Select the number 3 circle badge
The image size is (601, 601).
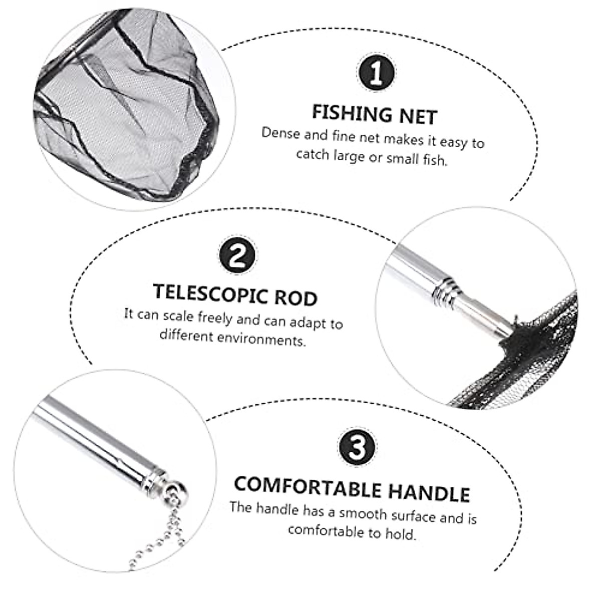pyautogui.click(x=358, y=447)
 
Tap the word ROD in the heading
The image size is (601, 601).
pyautogui.click(x=295, y=297)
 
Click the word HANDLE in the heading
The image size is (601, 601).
pyautogui.click(x=429, y=492)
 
